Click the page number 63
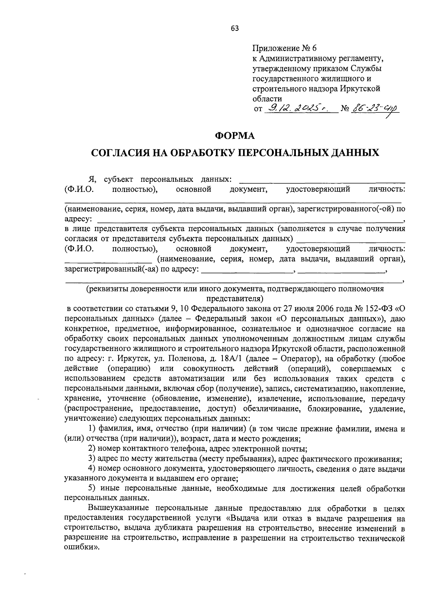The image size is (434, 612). tap(235, 29)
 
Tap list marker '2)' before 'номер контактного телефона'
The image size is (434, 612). tap(92, 449)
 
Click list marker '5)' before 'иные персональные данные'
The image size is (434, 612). tap(92, 489)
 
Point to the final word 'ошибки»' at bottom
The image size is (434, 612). tap(81, 547)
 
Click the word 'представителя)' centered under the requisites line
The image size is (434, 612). tap(235, 299)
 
